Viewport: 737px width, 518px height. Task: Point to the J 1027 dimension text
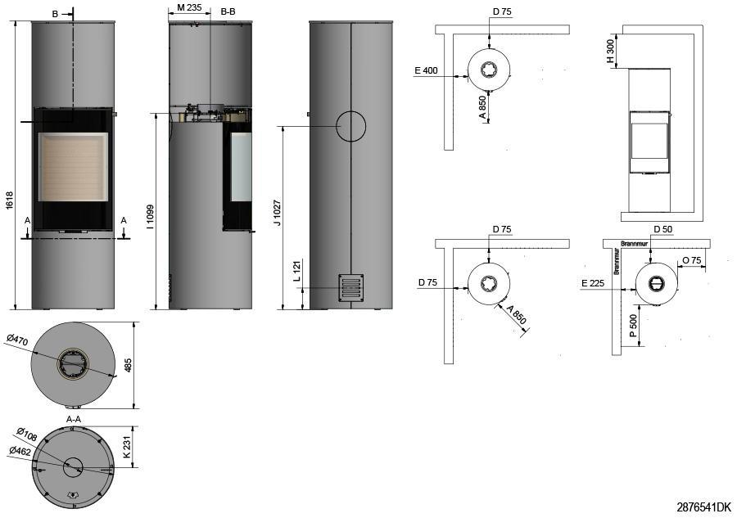coord(278,211)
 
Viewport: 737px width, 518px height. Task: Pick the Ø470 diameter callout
coord(17,338)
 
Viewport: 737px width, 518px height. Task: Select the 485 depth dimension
coord(128,365)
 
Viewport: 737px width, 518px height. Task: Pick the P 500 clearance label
coord(634,328)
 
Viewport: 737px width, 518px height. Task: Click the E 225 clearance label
coord(593,284)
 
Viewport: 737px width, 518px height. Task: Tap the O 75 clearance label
coord(691,260)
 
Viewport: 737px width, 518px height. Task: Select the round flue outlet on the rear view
coord(350,126)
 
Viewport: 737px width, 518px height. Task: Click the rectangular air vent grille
coord(350,288)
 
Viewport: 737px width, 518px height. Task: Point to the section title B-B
coord(228,11)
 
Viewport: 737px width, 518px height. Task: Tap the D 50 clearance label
coord(662,228)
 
